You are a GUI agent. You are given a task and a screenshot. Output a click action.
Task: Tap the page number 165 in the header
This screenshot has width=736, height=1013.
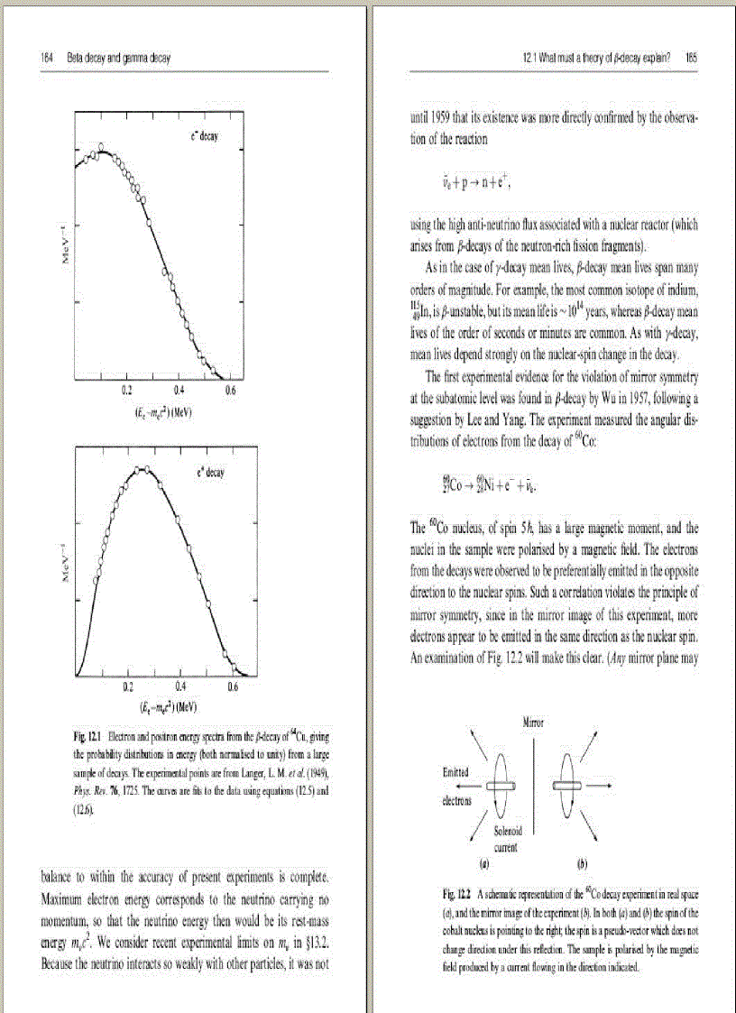(691, 57)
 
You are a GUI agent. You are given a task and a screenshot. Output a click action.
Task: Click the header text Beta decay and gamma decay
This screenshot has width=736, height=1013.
(119, 58)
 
